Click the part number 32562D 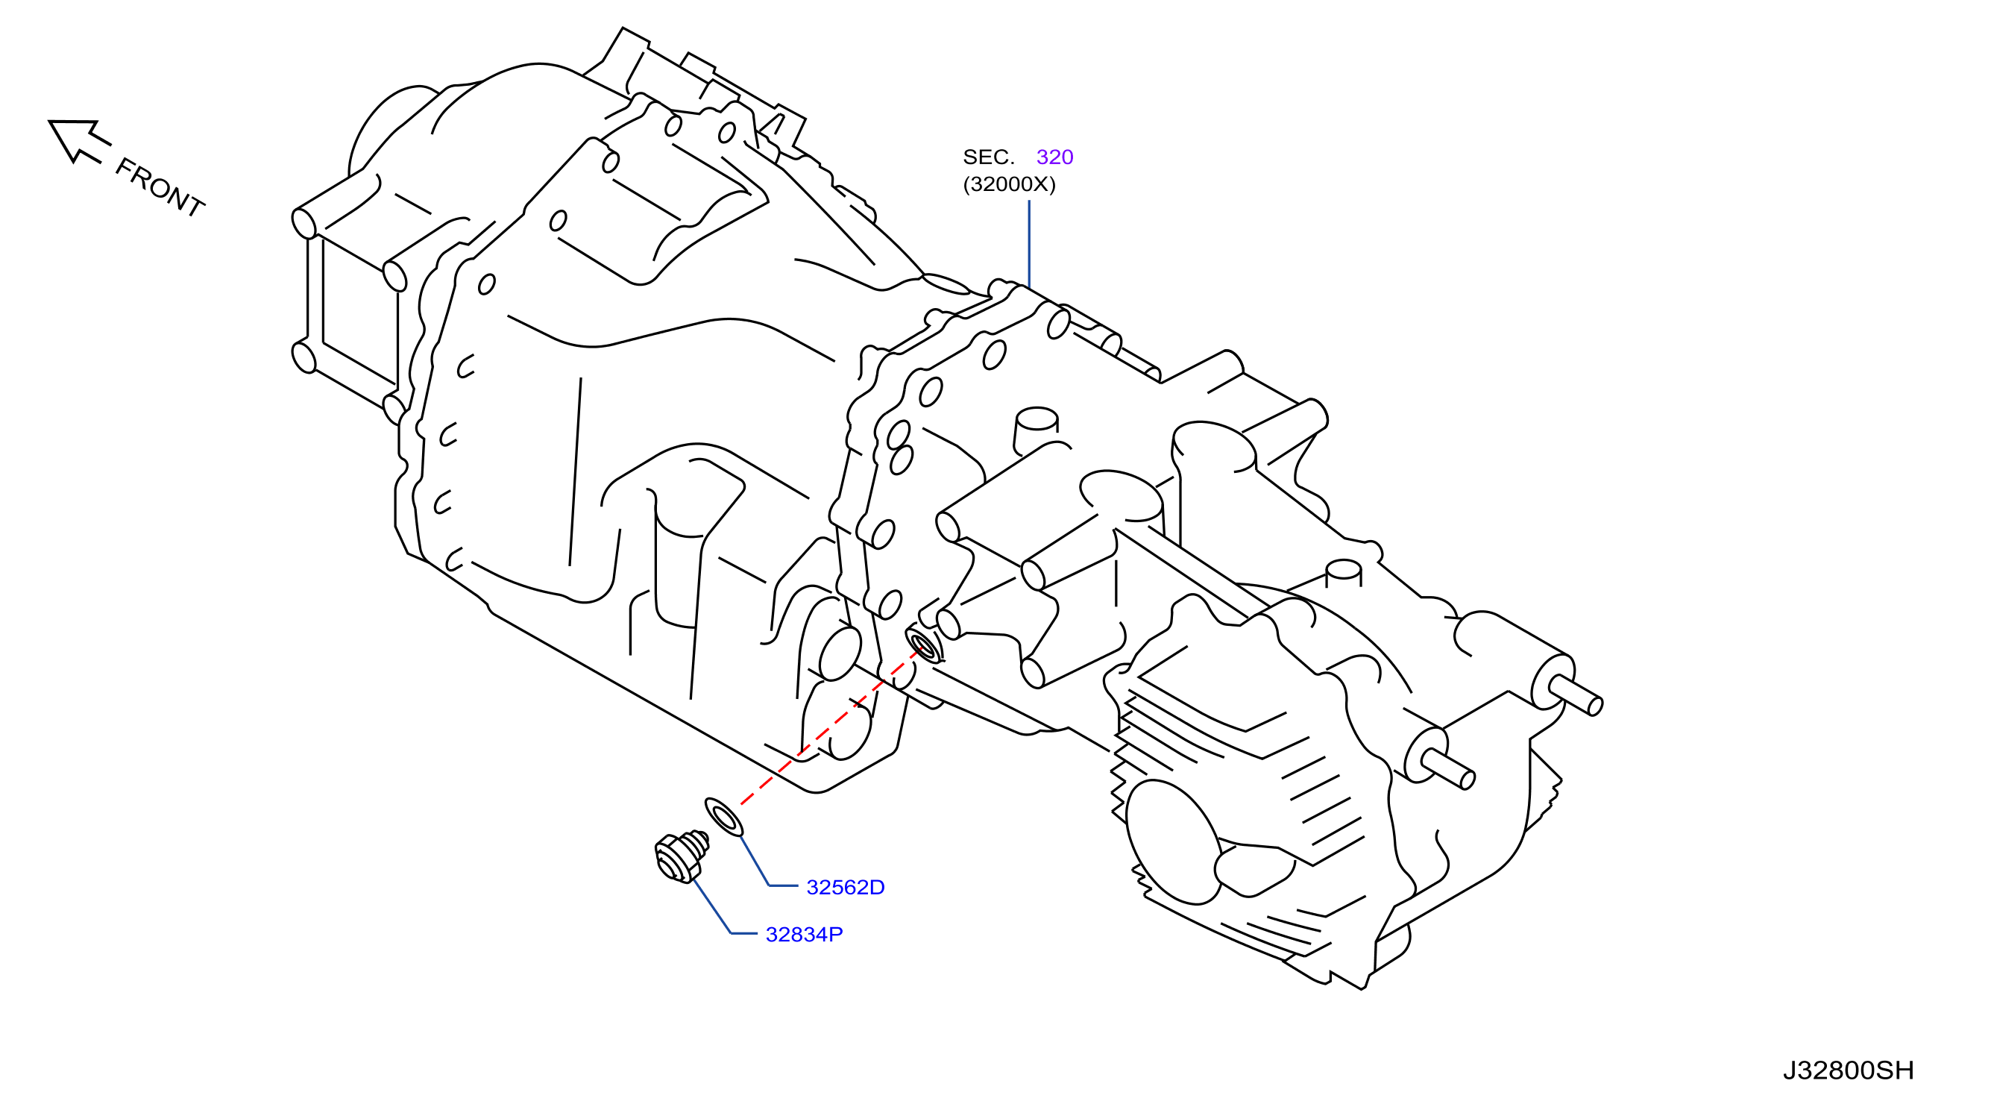845,888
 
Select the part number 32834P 804,935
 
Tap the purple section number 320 1054,157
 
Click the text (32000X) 1009,184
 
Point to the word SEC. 988,157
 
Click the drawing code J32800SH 1848,1070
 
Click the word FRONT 160,188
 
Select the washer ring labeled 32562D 724,817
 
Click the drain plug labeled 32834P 680,856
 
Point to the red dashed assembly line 828,727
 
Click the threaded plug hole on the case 924,645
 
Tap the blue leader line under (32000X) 1029,244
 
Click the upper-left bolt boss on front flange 303,223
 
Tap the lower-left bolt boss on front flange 303,357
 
